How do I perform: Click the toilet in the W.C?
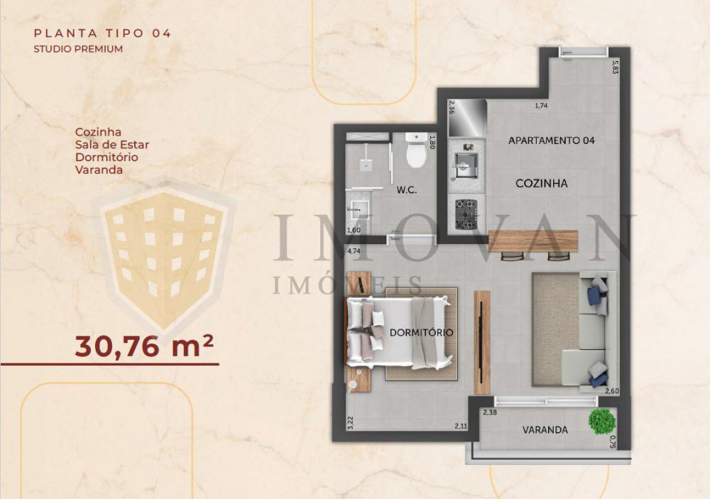(415, 150)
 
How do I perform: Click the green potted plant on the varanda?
(602, 421)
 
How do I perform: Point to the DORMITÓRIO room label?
(421, 333)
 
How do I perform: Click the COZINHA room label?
(542, 183)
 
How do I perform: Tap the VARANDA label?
(545, 429)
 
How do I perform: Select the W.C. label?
(407, 190)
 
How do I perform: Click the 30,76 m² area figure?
(144, 346)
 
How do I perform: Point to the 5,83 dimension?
(615, 67)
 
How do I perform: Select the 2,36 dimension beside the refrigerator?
(451, 108)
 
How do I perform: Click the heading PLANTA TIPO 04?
(103, 33)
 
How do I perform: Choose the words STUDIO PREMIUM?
(78, 49)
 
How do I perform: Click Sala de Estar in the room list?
(112, 145)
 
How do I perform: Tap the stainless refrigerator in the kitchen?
(467, 118)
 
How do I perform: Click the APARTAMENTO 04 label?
(551, 141)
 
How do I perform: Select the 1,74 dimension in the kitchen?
(541, 106)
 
